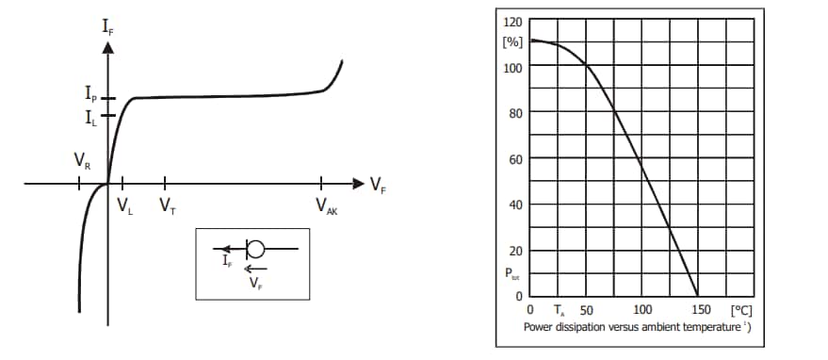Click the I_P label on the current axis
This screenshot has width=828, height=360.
pyautogui.click(x=91, y=96)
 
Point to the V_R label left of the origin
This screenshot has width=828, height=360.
pyautogui.click(x=82, y=159)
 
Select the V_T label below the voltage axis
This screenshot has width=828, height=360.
pyautogui.click(x=167, y=205)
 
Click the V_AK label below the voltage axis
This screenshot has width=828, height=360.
pyautogui.click(x=326, y=207)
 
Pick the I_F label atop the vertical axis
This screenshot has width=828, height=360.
pyautogui.click(x=108, y=27)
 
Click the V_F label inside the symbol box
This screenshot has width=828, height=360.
pyautogui.click(x=255, y=280)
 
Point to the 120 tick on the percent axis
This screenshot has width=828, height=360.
pyautogui.click(x=513, y=22)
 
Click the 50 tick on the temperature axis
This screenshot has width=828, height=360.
pyautogui.click(x=586, y=310)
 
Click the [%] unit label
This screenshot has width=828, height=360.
pyautogui.click(x=513, y=44)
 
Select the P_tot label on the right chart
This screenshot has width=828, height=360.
pyautogui.click(x=512, y=276)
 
